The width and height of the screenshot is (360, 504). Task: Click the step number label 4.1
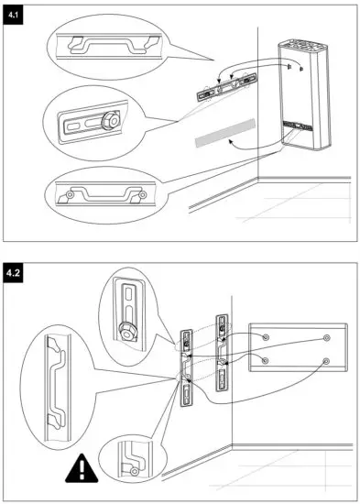[x=16, y=16]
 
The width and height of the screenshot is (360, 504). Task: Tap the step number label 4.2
[x=16, y=273]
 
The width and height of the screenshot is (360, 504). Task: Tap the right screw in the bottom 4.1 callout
[x=142, y=195]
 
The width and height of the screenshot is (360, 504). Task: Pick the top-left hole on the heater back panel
[x=265, y=337]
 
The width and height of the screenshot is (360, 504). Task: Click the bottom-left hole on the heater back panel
[x=265, y=361]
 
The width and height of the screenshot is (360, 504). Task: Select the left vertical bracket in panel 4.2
[x=186, y=367]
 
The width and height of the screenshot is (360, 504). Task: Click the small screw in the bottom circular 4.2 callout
[x=135, y=470]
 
